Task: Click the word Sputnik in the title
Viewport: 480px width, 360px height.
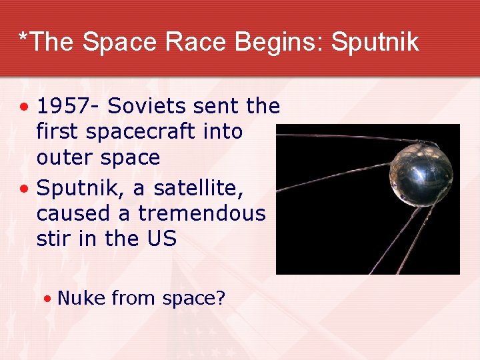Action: click(x=375, y=43)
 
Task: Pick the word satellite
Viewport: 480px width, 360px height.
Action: click(x=199, y=189)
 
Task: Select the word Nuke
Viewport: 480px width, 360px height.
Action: click(x=81, y=298)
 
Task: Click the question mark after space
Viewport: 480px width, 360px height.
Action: click(x=220, y=298)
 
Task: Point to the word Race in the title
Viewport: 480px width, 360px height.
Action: click(x=199, y=43)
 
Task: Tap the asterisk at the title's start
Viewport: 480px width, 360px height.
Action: click(x=24, y=39)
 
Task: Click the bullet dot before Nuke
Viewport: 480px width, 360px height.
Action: click(x=47, y=299)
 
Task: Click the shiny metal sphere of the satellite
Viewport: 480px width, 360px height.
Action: click(x=421, y=175)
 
